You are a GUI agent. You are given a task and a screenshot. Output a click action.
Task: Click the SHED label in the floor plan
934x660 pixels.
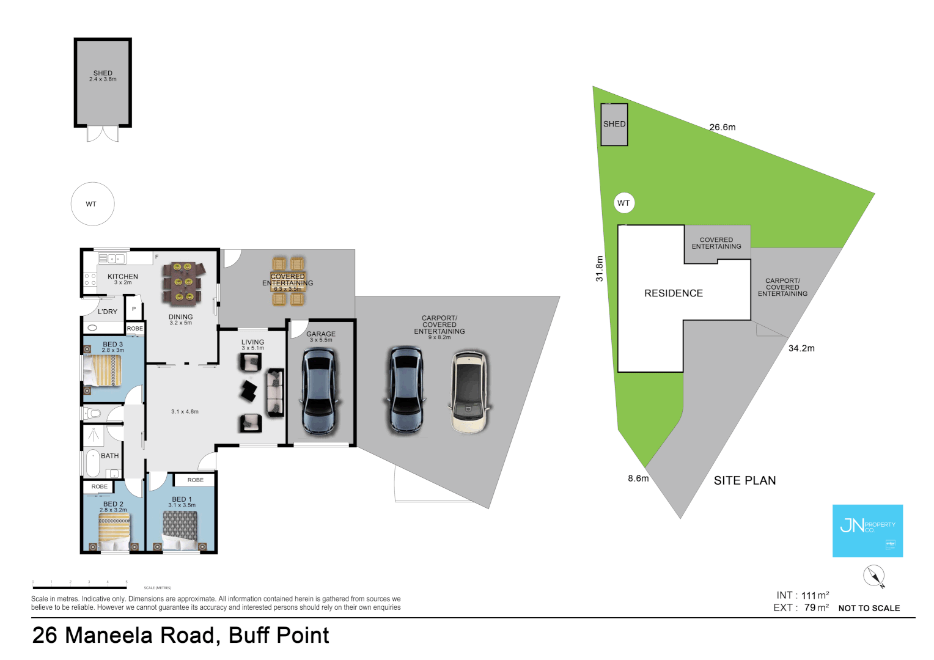click(103, 73)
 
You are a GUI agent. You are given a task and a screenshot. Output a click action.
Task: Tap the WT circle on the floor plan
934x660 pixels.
click(92, 204)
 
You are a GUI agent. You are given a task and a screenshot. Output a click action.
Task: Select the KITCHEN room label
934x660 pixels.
click(123, 277)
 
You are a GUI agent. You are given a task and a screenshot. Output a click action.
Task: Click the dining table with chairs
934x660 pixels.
click(181, 283)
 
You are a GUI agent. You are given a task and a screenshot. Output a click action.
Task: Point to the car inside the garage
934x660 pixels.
click(319, 391)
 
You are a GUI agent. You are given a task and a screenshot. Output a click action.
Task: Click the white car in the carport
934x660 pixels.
click(469, 391)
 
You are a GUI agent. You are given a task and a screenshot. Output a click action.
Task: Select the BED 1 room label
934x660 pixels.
click(182, 499)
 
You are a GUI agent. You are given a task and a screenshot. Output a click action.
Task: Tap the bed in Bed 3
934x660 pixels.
click(103, 370)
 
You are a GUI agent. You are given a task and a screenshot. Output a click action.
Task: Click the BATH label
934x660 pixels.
click(110, 456)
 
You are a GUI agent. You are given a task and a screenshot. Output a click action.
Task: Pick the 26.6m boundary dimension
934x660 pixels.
click(723, 128)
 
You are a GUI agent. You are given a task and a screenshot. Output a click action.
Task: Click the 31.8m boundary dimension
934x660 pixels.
click(600, 268)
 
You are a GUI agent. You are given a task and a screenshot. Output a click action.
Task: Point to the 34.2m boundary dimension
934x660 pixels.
click(801, 348)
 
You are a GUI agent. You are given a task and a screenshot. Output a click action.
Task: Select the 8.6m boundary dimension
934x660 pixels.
click(638, 479)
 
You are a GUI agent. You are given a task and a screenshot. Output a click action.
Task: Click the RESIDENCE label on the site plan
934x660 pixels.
click(674, 293)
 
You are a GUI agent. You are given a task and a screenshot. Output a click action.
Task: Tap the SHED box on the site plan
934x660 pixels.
click(614, 125)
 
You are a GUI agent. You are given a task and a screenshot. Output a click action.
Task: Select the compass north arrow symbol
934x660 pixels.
click(874, 576)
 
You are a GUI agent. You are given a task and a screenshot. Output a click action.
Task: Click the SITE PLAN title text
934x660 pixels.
click(745, 481)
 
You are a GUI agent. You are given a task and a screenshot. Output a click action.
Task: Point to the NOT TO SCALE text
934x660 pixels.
click(869, 608)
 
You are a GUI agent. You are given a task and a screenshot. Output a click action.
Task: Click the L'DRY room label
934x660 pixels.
click(108, 312)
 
